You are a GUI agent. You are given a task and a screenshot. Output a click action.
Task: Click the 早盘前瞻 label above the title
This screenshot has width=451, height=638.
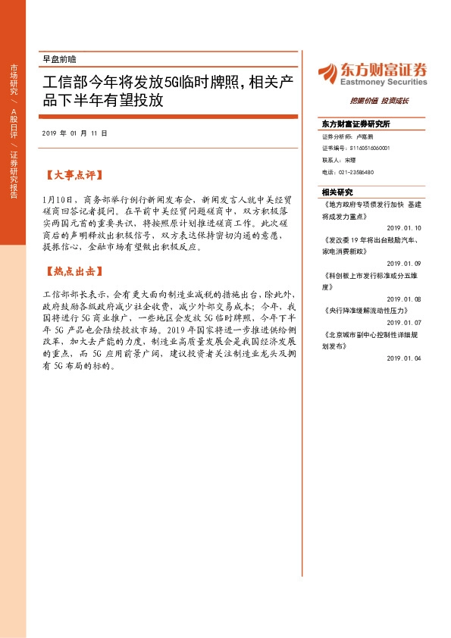[59, 58]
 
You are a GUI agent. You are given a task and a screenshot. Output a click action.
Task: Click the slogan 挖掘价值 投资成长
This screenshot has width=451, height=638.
[379, 101]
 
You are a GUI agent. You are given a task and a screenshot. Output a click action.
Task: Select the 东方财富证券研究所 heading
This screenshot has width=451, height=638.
[355, 124]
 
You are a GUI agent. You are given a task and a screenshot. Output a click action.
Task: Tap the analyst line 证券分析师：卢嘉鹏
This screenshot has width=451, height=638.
[348, 137]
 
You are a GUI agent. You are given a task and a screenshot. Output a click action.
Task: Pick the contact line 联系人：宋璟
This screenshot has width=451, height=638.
[339, 161]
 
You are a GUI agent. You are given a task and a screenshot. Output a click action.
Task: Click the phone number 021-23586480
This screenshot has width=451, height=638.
[348, 172]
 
